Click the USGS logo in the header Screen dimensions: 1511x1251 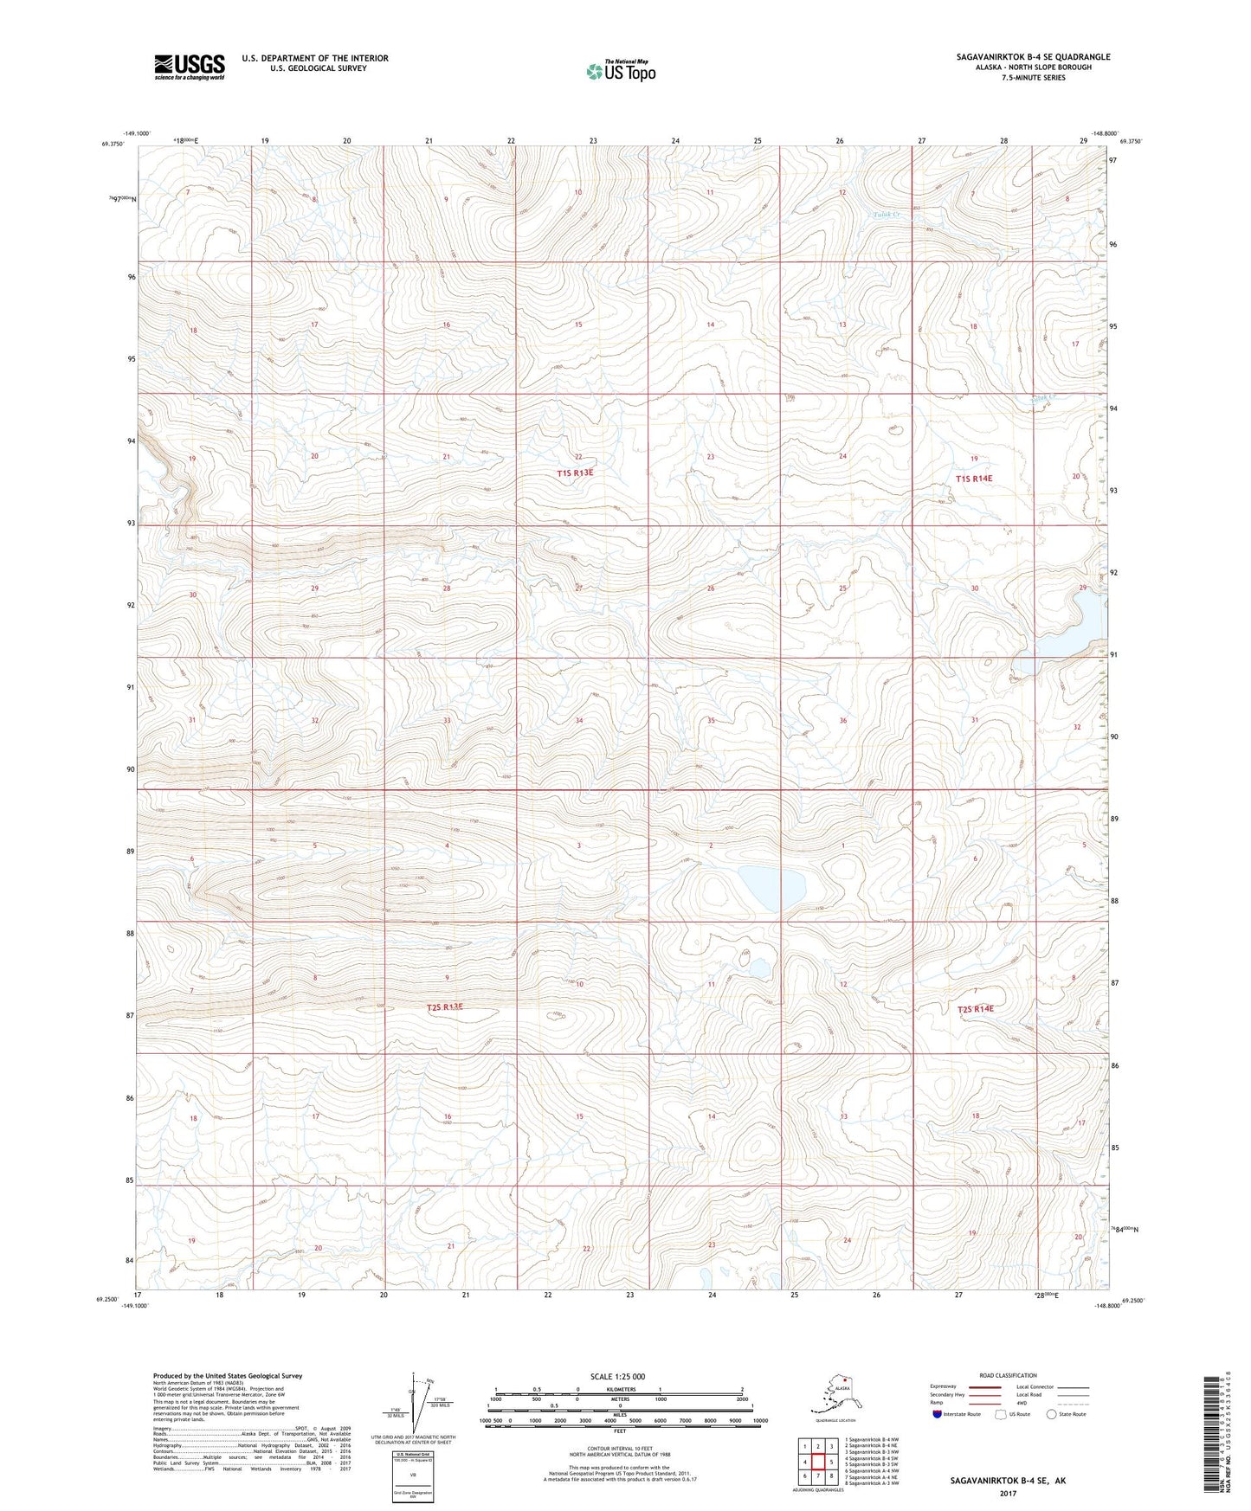coord(190,67)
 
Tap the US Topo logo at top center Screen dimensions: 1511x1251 coord(621,70)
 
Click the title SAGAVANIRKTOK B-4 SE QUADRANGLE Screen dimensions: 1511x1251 coord(1033,57)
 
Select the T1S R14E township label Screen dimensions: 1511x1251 coord(974,479)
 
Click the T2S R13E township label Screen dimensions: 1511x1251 coord(445,1007)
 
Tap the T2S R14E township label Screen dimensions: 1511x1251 coord(975,1009)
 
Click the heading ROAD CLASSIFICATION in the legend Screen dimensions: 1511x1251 coord(1008,1375)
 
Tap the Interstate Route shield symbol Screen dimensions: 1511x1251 coord(938,1414)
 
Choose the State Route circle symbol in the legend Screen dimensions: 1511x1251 coord(1052,1414)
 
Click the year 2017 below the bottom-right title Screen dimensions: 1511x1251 coord(1008,1493)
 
